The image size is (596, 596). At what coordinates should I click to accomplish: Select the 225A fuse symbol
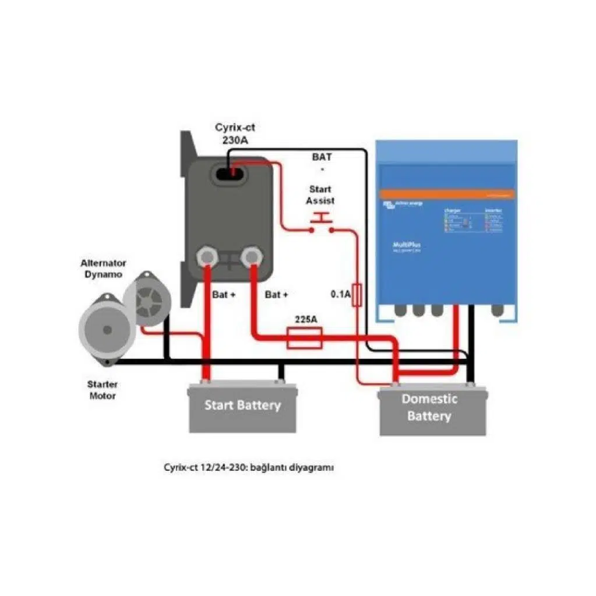tap(305, 338)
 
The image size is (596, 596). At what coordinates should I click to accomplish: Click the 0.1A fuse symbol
tap(357, 295)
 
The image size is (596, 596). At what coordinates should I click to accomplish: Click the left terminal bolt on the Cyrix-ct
tap(206, 257)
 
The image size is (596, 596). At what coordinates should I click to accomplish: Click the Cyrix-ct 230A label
tap(235, 134)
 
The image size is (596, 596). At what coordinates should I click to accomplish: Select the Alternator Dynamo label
tap(104, 269)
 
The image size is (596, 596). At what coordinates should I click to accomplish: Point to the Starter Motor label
tap(102, 390)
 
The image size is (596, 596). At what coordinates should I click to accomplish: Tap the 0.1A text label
tap(341, 295)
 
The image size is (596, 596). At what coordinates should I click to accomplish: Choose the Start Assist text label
tap(320, 195)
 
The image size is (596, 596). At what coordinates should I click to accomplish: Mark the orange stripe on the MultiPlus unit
tap(447, 194)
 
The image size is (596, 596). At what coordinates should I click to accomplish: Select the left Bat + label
tap(224, 295)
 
